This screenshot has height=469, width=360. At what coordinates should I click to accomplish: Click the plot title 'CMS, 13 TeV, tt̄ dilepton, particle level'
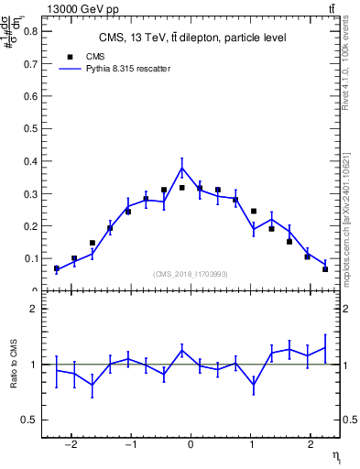(191, 38)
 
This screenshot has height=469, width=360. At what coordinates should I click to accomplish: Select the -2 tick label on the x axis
(72, 446)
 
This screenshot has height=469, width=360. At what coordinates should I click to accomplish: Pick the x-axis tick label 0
(191, 446)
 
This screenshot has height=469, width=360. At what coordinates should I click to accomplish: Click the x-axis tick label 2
(310, 446)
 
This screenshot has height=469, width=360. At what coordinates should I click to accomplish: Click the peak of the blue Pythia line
(181, 168)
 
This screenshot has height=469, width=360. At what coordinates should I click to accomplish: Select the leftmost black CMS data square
(57, 268)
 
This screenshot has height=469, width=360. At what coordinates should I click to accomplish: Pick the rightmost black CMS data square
(325, 268)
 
